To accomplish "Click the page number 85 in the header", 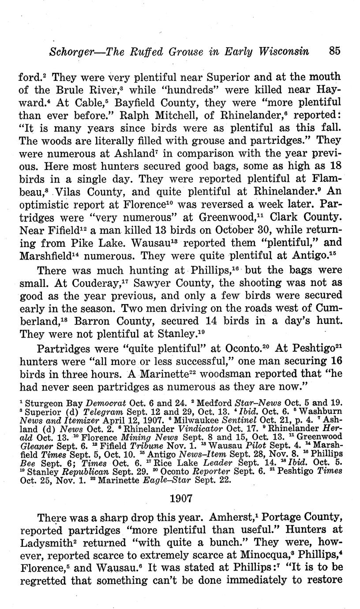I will click(x=334, y=51).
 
